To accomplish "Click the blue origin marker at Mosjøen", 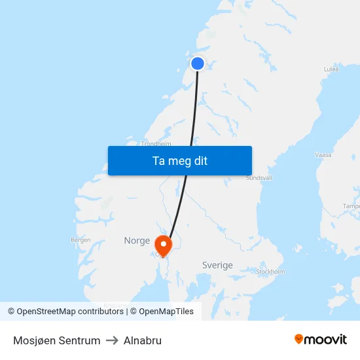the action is [x=198, y=63].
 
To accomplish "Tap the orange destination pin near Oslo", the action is [x=162, y=245].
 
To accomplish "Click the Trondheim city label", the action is [x=156, y=143].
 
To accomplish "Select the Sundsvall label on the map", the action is [x=258, y=177].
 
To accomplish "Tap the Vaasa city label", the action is [x=323, y=155].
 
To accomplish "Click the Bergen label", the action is [x=81, y=240].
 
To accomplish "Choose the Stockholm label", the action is [x=271, y=271].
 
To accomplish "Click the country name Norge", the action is [x=137, y=241].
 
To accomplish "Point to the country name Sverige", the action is [x=217, y=265].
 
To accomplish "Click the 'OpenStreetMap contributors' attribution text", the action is [x=70, y=312].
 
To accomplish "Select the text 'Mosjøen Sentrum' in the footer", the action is [x=57, y=340].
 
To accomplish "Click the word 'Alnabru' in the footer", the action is [x=143, y=340].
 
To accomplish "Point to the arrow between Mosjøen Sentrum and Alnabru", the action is [x=112, y=340].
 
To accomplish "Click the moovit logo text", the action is [x=325, y=339].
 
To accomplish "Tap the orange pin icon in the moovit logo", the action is [x=299, y=339].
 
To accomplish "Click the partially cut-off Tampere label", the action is [x=351, y=206].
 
